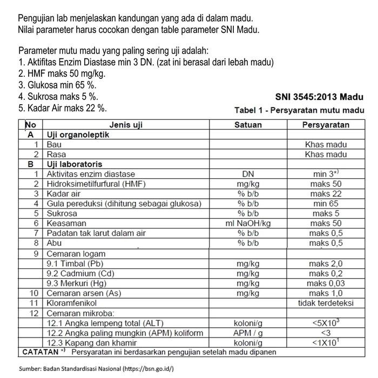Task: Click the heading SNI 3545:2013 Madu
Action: pos(319,98)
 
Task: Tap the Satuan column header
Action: pos(248,125)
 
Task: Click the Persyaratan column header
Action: pos(326,125)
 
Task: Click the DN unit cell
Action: pos(248,174)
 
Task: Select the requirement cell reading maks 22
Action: pos(326,194)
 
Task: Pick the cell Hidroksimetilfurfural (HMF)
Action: pos(96,184)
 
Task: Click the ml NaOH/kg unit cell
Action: pos(248,223)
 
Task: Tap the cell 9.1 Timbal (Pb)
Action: pos(75,264)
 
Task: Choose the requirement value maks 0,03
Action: pos(326,283)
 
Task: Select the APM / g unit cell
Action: pos(248,333)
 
